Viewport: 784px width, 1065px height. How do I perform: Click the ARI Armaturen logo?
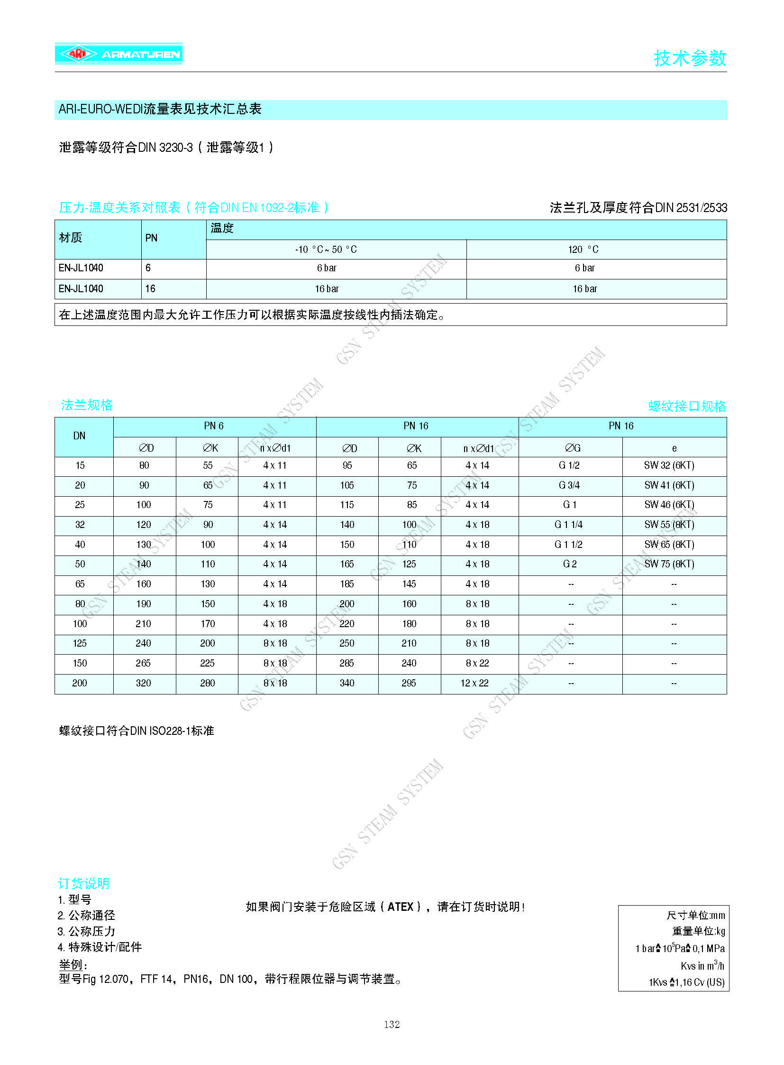119,54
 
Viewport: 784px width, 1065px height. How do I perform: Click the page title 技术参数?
690,58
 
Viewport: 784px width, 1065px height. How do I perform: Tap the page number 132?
392,1024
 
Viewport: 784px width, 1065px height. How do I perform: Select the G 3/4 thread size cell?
569,485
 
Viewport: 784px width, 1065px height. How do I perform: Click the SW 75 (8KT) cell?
669,564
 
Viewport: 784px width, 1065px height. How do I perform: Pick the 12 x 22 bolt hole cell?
474,683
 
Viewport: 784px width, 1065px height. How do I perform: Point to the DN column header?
79,435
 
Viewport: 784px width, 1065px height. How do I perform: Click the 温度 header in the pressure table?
222,229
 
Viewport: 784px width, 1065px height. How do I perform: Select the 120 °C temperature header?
583,250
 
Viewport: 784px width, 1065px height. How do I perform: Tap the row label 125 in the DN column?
79,643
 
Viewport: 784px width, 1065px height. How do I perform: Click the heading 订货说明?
83,883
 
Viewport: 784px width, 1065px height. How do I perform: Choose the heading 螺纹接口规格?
687,406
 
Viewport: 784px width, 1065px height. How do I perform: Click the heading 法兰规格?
87,405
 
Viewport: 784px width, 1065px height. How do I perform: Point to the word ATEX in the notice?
401,907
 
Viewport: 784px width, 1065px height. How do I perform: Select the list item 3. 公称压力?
86,931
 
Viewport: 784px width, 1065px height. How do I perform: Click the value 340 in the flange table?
347,683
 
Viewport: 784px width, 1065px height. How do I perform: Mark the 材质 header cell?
71,238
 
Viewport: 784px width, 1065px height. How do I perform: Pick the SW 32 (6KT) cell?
669,465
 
